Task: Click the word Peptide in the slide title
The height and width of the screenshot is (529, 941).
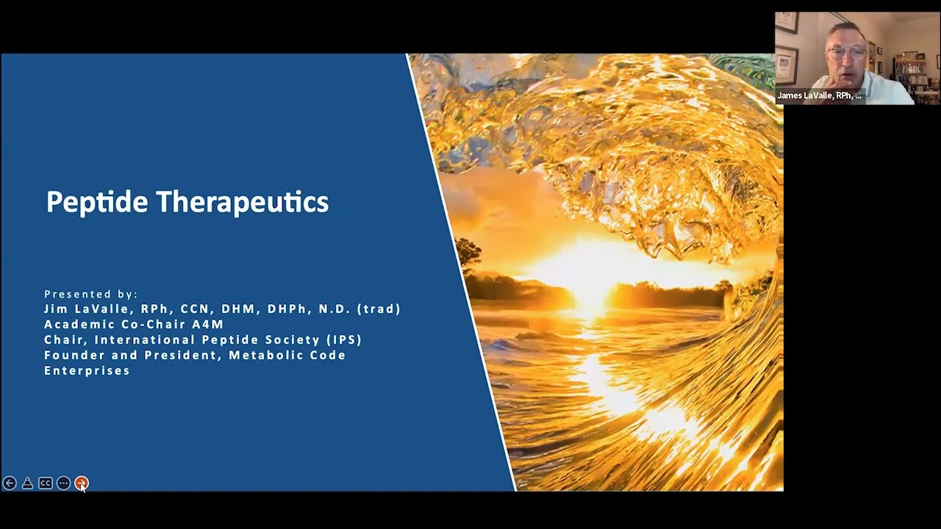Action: tap(97, 202)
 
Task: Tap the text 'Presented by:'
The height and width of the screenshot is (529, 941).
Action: tap(90, 294)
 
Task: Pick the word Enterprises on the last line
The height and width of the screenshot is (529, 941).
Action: tap(87, 370)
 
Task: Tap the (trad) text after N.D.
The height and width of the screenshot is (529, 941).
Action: tap(379, 309)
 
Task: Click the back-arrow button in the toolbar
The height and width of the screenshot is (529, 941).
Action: tap(10, 483)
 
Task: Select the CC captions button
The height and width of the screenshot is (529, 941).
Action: tap(46, 483)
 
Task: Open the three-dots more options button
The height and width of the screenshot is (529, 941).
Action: tap(63, 483)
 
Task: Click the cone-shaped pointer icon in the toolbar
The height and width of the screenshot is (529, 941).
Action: tap(27, 483)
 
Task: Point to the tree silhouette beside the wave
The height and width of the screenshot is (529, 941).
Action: tap(468, 253)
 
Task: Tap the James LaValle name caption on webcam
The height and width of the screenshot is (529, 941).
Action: tap(819, 96)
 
